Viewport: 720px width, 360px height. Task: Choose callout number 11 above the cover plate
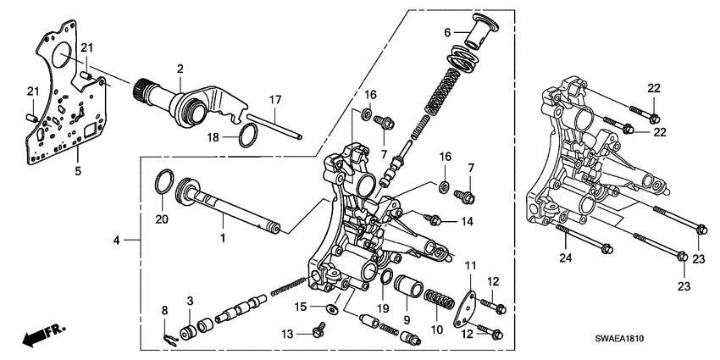tap(470, 267)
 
